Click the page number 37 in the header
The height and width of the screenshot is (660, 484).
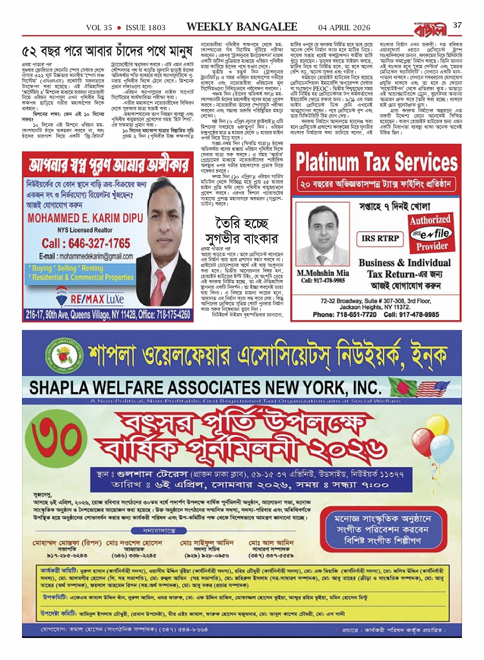tap(457, 25)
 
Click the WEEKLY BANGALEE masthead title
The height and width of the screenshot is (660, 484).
tap(241, 27)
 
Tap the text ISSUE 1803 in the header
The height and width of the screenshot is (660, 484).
tap(145, 28)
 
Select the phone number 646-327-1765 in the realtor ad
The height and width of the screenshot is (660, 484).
tap(86, 243)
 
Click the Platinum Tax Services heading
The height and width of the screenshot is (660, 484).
tap(376, 163)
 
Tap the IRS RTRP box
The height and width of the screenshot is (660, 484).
tap(380, 238)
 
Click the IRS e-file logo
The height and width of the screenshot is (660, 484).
tap(431, 233)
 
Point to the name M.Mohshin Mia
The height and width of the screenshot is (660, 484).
tap(323, 273)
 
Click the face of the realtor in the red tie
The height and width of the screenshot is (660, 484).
tap(167, 201)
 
